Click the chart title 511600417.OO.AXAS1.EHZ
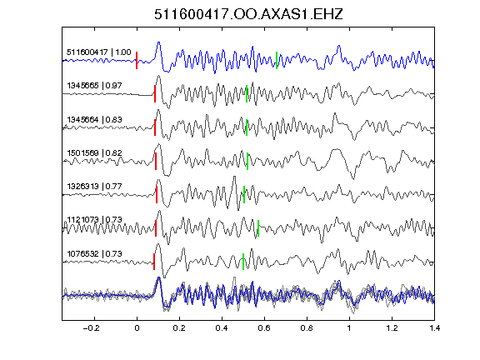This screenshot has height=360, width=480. [248, 14]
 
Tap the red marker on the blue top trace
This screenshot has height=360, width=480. [137, 60]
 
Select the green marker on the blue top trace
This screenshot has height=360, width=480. [277, 60]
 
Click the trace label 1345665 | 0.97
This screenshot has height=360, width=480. [94, 85]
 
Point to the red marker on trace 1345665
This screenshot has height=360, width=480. [155, 93]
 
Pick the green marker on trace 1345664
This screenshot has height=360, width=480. [247, 127]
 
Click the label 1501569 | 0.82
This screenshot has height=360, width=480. [94, 152]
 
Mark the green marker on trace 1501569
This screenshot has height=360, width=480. [247, 161]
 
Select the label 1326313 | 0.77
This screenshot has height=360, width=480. [94, 186]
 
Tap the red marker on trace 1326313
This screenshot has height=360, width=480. [157, 194]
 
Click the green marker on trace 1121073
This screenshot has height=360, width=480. [258, 228]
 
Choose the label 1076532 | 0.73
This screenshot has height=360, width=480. [94, 254]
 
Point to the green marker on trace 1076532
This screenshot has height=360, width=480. [243, 262]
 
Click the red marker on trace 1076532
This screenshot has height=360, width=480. [154, 262]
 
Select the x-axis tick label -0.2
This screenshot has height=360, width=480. [91, 328]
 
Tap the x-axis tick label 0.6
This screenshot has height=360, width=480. [264, 328]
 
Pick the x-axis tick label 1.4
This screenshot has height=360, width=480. [434, 328]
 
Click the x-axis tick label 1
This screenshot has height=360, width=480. [349, 328]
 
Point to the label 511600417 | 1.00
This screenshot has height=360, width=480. [98, 52]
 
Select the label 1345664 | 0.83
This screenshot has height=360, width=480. [94, 119]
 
